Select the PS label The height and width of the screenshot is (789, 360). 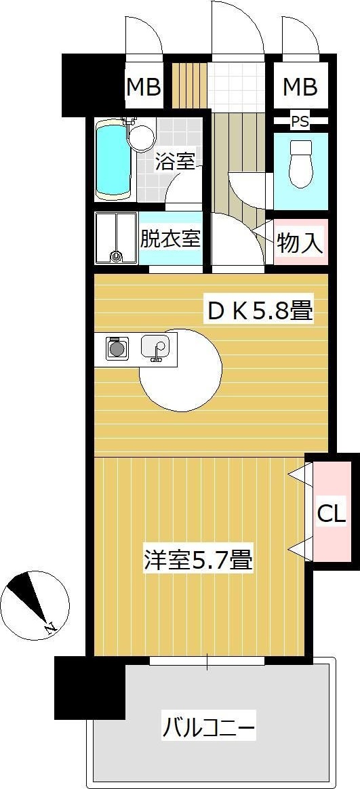point(299,122)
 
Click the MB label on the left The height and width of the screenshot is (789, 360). point(144,87)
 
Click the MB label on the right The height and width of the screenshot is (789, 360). point(300,87)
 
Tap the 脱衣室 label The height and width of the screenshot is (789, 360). point(169,239)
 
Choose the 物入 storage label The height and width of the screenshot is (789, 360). point(300,242)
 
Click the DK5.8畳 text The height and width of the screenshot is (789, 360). point(260,311)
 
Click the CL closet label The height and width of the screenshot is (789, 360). point(332,514)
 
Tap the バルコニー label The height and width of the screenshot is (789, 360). point(209,729)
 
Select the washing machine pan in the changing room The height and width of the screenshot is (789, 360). point(116,239)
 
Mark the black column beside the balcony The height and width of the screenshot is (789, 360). point(89,687)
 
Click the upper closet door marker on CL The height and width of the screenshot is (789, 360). point(298,476)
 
